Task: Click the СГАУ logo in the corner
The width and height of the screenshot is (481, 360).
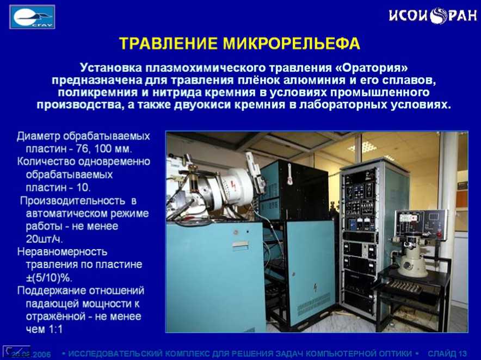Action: [32, 17]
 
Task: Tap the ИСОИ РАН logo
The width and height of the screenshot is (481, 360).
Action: [433, 15]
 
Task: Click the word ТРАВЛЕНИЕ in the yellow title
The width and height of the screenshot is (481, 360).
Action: [169, 44]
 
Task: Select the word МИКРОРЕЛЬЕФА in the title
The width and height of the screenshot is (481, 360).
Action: [292, 44]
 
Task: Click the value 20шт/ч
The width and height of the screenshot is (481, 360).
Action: [45, 239]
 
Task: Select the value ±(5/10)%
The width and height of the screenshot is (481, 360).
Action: [49, 278]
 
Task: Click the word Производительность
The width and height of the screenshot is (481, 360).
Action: [73, 201]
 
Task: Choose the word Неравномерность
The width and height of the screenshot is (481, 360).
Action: [62, 252]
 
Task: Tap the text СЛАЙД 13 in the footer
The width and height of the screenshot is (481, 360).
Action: [447, 353]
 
